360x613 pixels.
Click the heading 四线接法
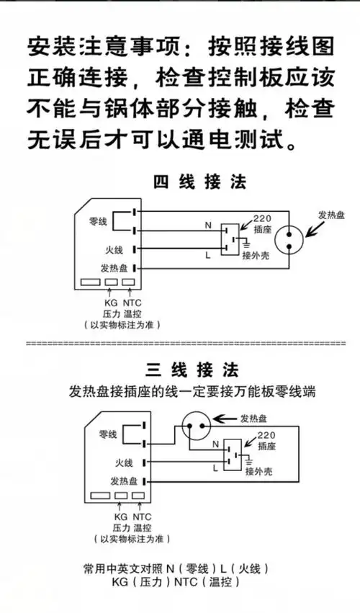199,182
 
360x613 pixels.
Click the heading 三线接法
192,371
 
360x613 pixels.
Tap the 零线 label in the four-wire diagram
98,221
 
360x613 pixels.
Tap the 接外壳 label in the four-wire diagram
256,256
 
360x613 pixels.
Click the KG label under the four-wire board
110,303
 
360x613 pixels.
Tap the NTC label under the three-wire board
142,516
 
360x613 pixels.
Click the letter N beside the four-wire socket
208,225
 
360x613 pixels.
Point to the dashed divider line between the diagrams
180,344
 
